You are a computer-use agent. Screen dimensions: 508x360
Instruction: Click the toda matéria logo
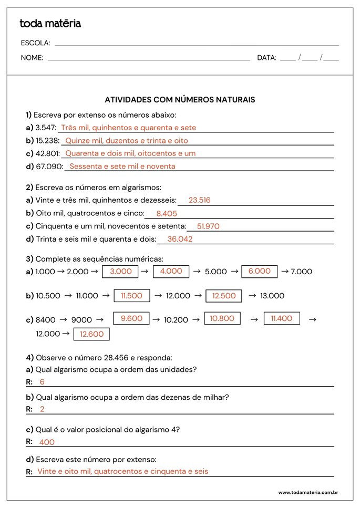tap(50, 24)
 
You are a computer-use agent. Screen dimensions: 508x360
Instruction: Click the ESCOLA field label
tap(35, 43)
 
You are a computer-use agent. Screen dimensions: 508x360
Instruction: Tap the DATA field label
tap(266, 58)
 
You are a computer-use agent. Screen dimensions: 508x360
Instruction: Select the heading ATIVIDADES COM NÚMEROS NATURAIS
tap(180, 99)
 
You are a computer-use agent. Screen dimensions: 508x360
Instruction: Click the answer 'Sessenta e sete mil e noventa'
tap(122, 167)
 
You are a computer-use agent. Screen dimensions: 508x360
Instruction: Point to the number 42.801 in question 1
tap(48, 153)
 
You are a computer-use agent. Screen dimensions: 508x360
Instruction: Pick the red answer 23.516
tap(199, 200)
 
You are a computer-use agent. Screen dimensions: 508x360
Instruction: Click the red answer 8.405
tap(167, 214)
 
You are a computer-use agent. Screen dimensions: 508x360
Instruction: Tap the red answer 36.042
tap(180, 239)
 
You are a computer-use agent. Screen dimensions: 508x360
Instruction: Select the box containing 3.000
tap(120, 272)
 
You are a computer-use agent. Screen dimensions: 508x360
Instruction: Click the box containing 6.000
tap(259, 272)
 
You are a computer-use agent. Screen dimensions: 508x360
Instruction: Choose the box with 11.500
tap(131, 296)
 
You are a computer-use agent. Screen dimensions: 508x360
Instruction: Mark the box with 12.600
tap(91, 334)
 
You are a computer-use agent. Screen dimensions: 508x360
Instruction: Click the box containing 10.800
tap(222, 318)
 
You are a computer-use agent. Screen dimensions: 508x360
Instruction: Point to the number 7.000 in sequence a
tap(301, 272)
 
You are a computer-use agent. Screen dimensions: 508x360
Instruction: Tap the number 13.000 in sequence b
tap(272, 296)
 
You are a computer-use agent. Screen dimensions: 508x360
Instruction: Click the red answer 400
tap(47, 442)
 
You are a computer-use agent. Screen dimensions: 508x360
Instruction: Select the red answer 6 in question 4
tap(42, 382)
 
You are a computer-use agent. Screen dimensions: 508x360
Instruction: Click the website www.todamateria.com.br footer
tap(307, 493)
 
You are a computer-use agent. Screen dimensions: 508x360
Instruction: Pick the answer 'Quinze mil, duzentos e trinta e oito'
tap(126, 141)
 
